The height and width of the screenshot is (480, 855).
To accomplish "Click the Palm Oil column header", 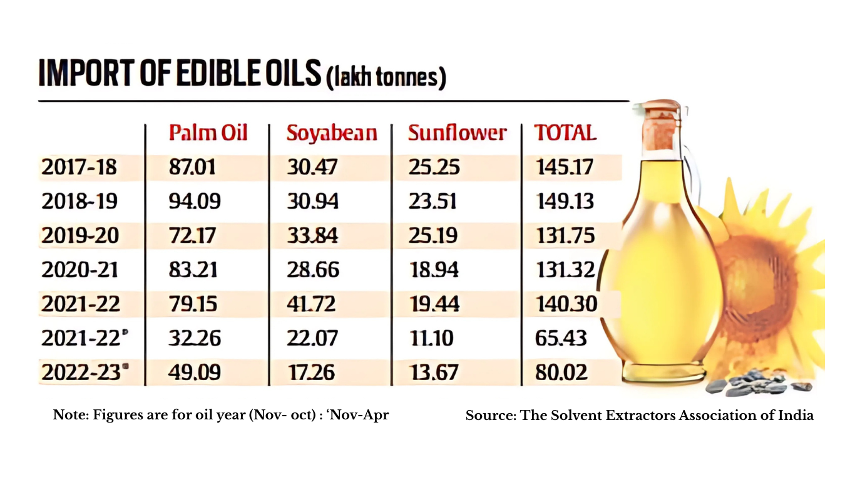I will click(208, 133).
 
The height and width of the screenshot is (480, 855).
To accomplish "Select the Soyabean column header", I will click(332, 133).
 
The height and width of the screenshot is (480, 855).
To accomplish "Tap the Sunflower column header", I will click(457, 133).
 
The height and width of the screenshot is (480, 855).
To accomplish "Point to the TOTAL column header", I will click(565, 133).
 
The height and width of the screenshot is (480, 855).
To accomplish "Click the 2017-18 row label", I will click(79, 167).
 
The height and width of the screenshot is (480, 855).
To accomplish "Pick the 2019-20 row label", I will click(79, 236).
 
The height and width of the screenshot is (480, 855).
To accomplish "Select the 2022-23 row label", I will click(81, 372).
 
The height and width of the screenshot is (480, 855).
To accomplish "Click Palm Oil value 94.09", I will click(195, 201).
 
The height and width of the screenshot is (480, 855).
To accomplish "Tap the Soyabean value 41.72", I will click(312, 304).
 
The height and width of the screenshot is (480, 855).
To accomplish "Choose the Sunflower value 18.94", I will click(433, 270).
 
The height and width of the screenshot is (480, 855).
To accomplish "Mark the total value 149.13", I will click(564, 201).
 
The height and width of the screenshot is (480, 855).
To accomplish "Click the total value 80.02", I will click(561, 372).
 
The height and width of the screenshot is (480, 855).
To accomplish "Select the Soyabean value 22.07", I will click(312, 338).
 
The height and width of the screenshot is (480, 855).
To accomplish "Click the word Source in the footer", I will click(489, 415).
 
